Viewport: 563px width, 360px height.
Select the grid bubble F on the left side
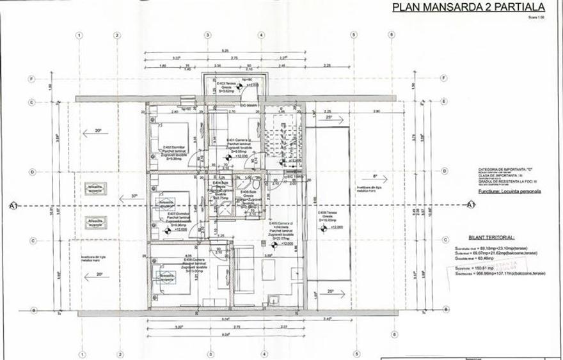(x=31, y=79)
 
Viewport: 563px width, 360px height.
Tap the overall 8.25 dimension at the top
(x=225, y=51)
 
